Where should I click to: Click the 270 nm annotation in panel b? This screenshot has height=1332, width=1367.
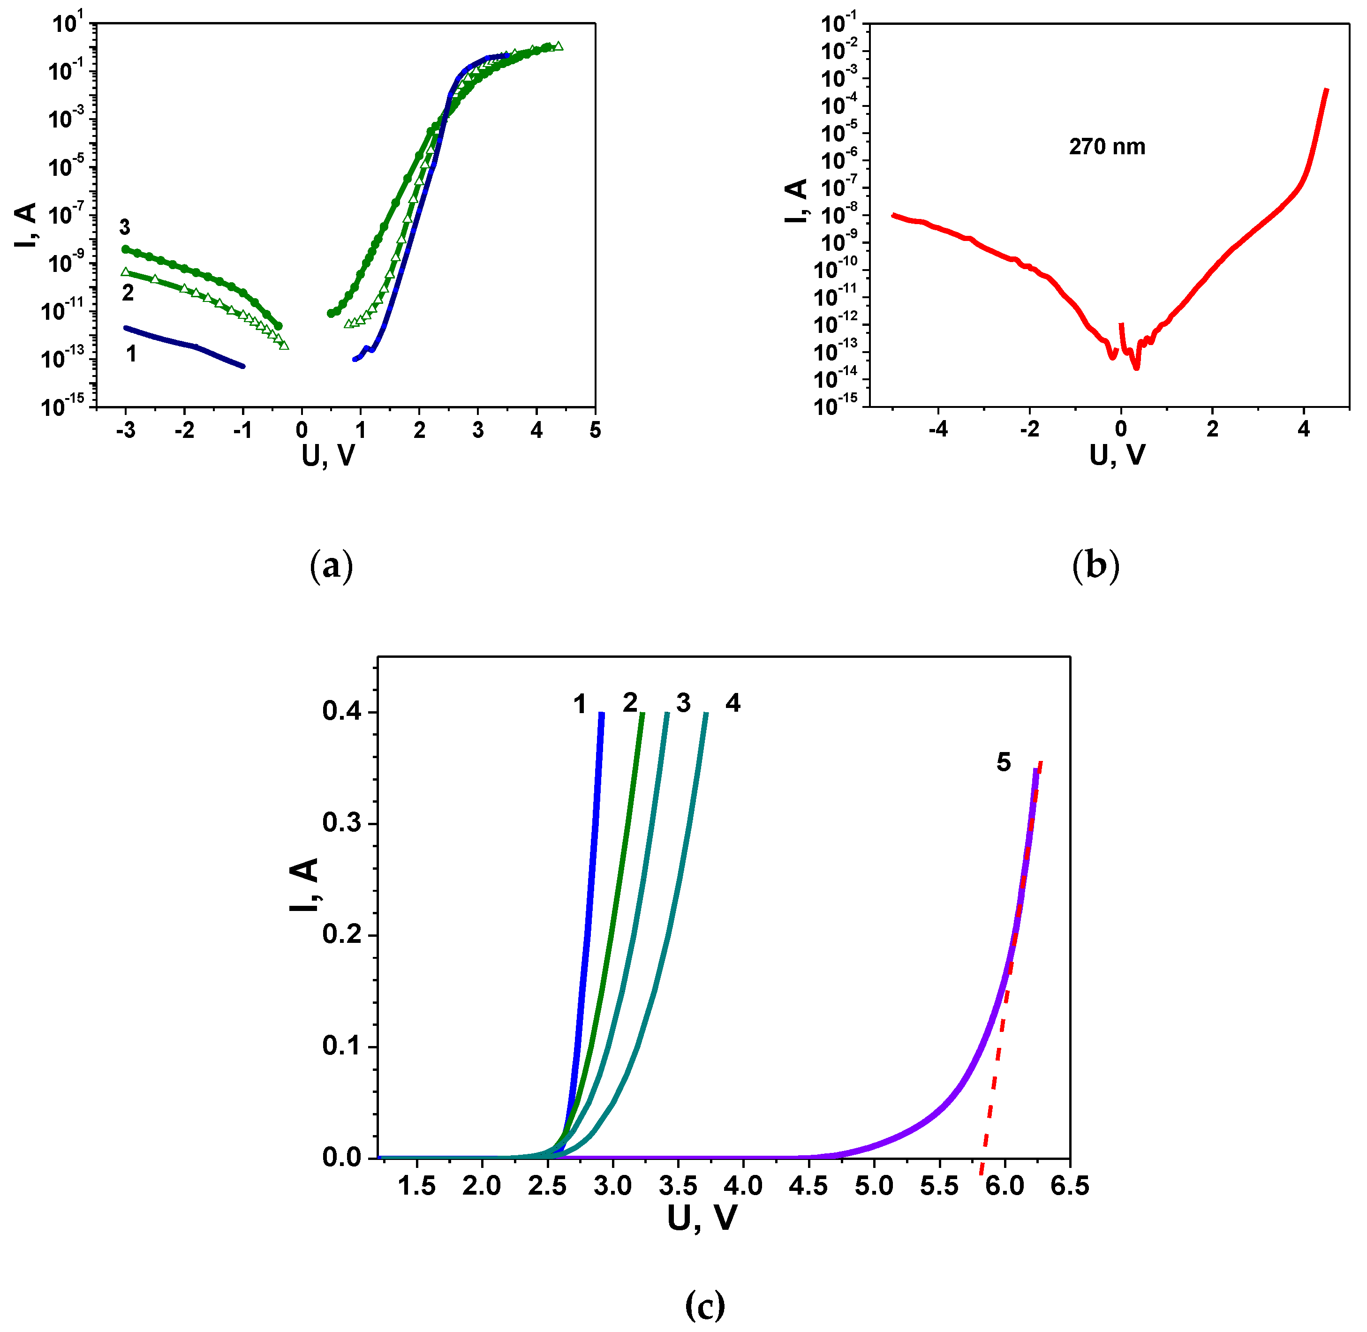1107,147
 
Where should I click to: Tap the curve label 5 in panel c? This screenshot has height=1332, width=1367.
1003,762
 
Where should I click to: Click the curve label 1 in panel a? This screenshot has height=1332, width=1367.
131,354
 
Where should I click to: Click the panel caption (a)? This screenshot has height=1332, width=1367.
331,566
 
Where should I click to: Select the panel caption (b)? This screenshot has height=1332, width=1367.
1095,566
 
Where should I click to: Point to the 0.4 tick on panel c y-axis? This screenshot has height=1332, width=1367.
341,711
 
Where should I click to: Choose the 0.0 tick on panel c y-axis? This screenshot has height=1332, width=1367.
341,1158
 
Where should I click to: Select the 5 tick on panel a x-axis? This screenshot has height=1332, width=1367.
595,430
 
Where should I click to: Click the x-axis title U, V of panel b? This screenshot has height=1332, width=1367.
1117,455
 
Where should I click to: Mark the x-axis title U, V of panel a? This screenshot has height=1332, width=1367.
328,455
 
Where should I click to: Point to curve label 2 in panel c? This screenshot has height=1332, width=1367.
630,702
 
